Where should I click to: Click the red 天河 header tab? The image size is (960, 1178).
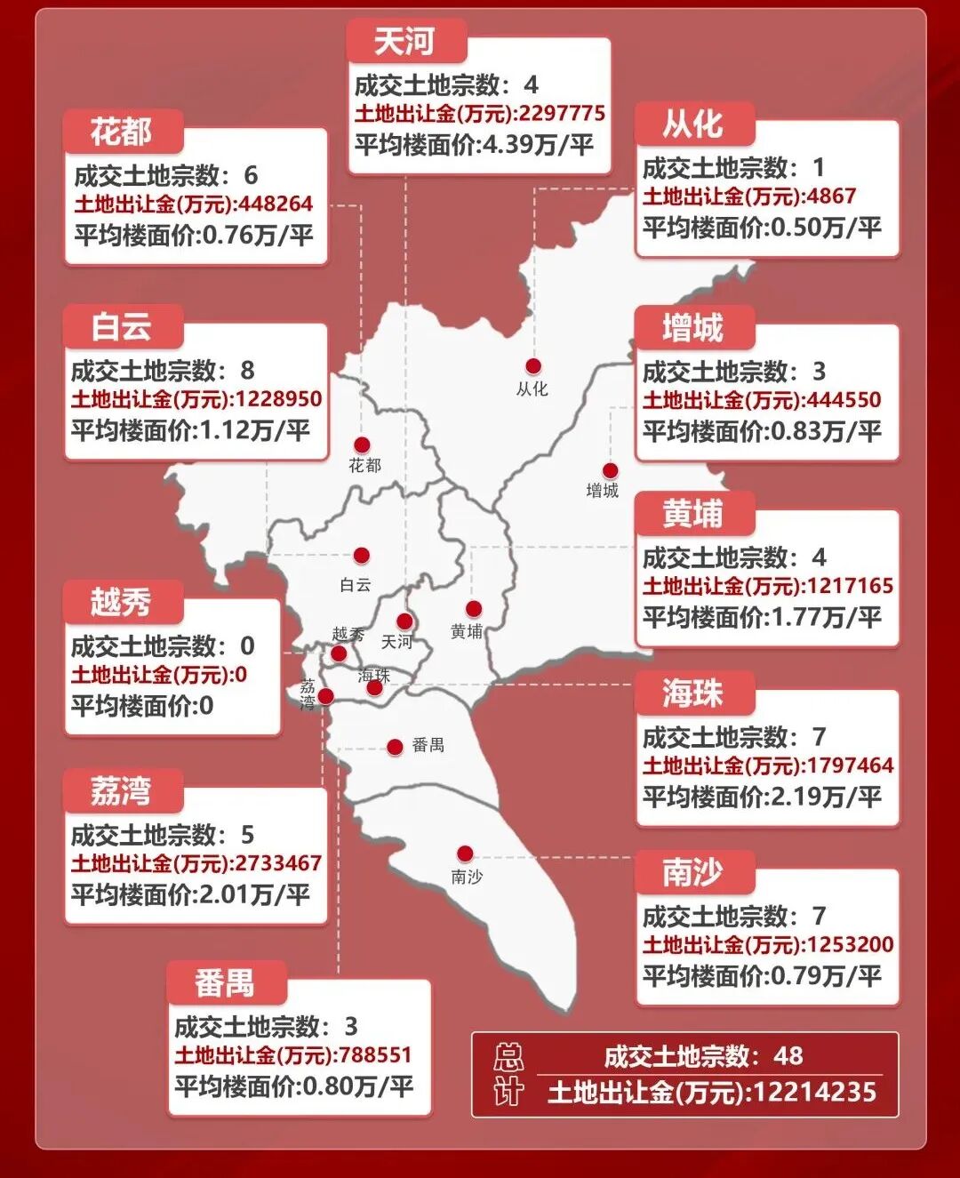click(x=404, y=41)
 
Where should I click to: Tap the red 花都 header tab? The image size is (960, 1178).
click(x=122, y=132)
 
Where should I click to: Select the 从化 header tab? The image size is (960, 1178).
click(x=693, y=124)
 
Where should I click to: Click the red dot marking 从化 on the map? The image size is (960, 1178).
click(x=533, y=366)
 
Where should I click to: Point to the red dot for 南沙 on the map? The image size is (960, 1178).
click(x=465, y=854)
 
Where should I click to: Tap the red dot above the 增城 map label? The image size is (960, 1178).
click(x=610, y=471)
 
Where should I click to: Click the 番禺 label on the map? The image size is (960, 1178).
click(x=428, y=746)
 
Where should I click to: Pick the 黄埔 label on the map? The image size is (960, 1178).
click(x=467, y=631)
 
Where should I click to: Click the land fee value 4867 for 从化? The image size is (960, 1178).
click(x=832, y=196)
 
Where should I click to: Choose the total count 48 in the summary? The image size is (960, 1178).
click(x=788, y=1055)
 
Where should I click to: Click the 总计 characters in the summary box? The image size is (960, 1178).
click(x=508, y=1075)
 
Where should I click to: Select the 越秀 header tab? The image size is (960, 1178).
click(x=122, y=602)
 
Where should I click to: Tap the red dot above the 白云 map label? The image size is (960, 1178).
click(x=361, y=557)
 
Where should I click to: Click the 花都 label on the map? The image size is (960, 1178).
click(x=364, y=465)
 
